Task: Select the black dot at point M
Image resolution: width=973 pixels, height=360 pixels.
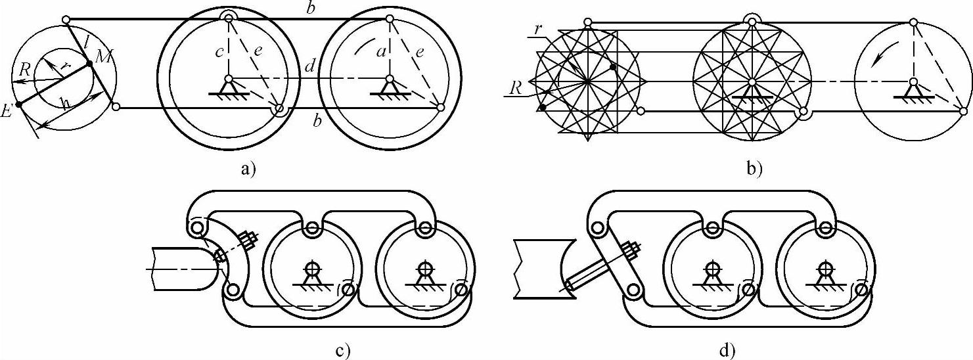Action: [x=89, y=64]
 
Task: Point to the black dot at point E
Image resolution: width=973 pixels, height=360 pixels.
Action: [x=18, y=104]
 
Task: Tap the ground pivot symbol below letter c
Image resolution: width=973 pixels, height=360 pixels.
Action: [x=228, y=86]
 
